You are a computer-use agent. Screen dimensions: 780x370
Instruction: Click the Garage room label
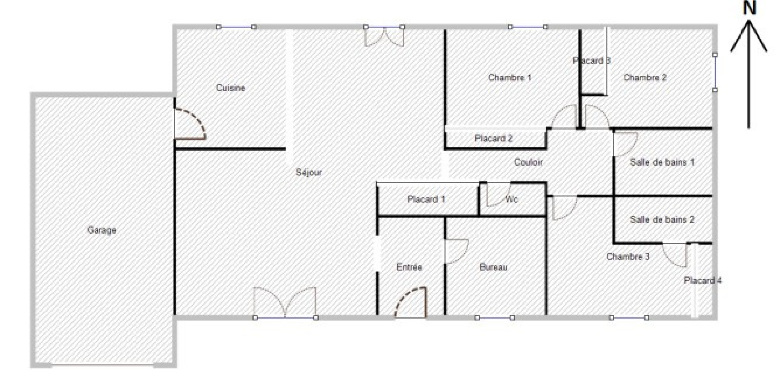[x=101, y=230]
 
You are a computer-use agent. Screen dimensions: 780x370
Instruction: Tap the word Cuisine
[x=231, y=88]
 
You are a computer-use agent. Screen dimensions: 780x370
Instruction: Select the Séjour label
[x=309, y=172]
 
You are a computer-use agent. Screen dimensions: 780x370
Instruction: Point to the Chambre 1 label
[x=510, y=78]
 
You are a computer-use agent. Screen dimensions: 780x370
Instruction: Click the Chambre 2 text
[x=645, y=78]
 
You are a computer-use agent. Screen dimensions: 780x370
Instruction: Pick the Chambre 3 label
[x=628, y=257]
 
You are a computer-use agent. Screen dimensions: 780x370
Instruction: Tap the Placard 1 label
[x=426, y=199]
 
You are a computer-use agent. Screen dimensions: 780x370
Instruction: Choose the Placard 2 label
[x=494, y=138]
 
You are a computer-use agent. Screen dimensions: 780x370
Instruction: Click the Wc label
[x=511, y=199]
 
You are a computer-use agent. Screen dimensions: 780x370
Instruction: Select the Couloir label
[x=528, y=162]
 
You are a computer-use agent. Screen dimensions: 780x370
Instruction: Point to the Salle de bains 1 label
[x=662, y=162]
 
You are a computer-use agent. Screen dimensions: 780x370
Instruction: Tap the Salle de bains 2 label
[x=662, y=220]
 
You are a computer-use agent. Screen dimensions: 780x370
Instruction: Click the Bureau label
[x=493, y=267]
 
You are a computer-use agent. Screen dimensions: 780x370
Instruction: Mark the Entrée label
[x=409, y=267]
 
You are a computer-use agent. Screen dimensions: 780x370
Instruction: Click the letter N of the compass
[x=749, y=8]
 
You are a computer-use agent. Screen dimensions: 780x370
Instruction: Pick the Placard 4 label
[x=702, y=280]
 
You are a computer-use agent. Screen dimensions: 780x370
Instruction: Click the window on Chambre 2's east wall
[x=715, y=73]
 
